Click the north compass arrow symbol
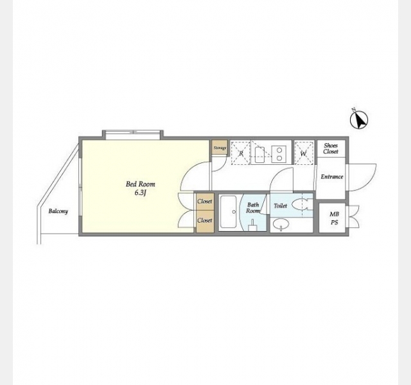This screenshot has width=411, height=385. click(x=359, y=119)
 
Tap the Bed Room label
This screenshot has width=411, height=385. click(x=141, y=184)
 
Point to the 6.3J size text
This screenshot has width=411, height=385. click(x=140, y=193)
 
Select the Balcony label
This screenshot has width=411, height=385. click(x=58, y=211)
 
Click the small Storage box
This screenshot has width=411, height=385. click(x=220, y=148)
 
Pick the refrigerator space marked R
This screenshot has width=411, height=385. click(x=241, y=153)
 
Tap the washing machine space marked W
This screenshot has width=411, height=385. click(x=304, y=153)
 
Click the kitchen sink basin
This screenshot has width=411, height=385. click(x=259, y=155)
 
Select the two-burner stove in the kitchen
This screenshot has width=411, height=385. click(x=279, y=154)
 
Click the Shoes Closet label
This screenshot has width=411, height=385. click(x=331, y=148)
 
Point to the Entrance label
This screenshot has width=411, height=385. click(x=332, y=177)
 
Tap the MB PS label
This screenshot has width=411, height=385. click(x=334, y=218)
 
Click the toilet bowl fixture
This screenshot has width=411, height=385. click(x=302, y=205)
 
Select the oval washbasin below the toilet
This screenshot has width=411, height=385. click(x=281, y=224)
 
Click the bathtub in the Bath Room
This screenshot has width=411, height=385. click(x=229, y=212)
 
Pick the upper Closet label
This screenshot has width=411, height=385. click(x=205, y=201)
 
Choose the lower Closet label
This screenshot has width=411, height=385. click(x=205, y=220)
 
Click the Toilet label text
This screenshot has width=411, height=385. click(x=280, y=206)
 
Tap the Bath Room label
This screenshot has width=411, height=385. click(x=253, y=208)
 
